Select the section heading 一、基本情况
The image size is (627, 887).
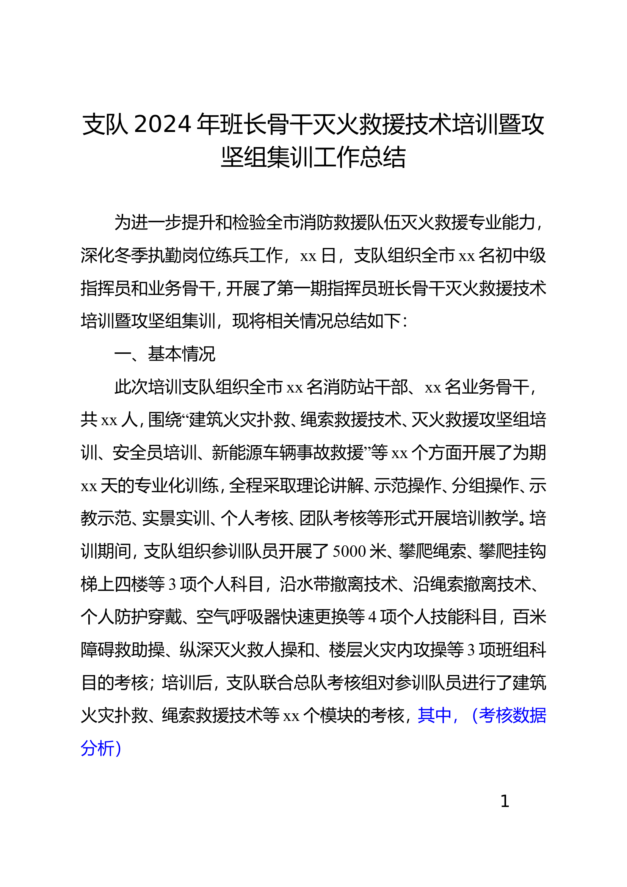tap(165, 354)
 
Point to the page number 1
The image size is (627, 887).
tap(505, 801)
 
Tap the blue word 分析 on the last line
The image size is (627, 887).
tap(97, 748)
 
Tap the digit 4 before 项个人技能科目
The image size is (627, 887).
tap(372, 617)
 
